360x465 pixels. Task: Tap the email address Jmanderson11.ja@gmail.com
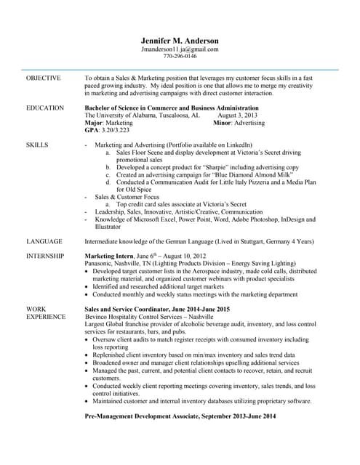[x=180, y=49]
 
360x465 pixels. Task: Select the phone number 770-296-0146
[x=180, y=56]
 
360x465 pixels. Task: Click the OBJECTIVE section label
[x=44, y=77]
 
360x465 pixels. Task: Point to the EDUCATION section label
[x=45, y=108]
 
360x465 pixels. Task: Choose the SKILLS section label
[x=37, y=145]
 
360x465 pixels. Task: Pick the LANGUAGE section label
[x=44, y=241]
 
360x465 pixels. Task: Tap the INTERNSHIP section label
[x=45, y=256]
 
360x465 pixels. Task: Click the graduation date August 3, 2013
[x=237, y=116]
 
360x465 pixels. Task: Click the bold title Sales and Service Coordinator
[x=133, y=309]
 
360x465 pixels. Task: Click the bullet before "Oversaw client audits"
[x=87, y=339]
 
